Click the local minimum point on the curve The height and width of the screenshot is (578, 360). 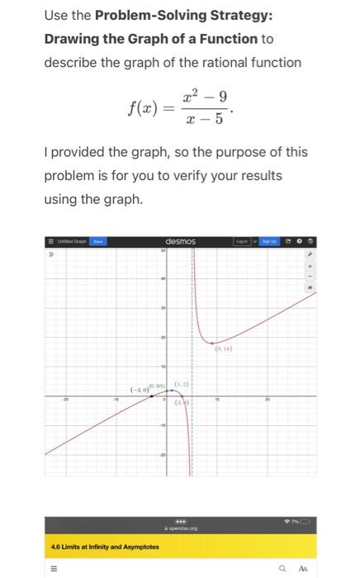[x=212, y=342]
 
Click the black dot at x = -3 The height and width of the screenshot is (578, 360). [x=150, y=396]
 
